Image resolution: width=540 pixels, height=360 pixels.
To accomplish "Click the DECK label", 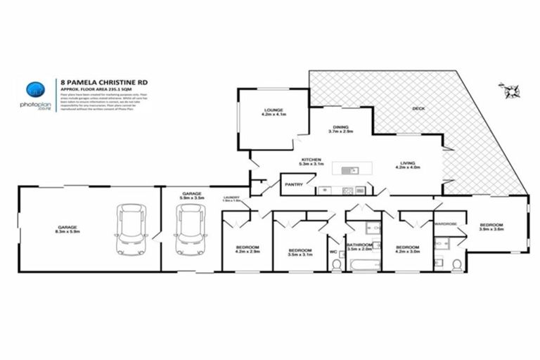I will pyautogui.click(x=418, y=108).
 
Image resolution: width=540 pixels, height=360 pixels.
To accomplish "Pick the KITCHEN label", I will pyautogui.click(x=311, y=160).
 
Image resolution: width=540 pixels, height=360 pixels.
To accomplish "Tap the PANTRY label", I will pyautogui.click(x=293, y=185).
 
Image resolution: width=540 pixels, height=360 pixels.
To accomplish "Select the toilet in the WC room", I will pyautogui.click(x=335, y=264).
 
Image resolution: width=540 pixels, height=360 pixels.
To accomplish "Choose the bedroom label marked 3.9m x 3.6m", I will pyautogui.click(x=492, y=226).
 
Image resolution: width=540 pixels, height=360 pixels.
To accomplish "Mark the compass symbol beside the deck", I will pyautogui.click(x=510, y=89).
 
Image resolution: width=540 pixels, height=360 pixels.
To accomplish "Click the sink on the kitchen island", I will pyautogui.click(x=347, y=169).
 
